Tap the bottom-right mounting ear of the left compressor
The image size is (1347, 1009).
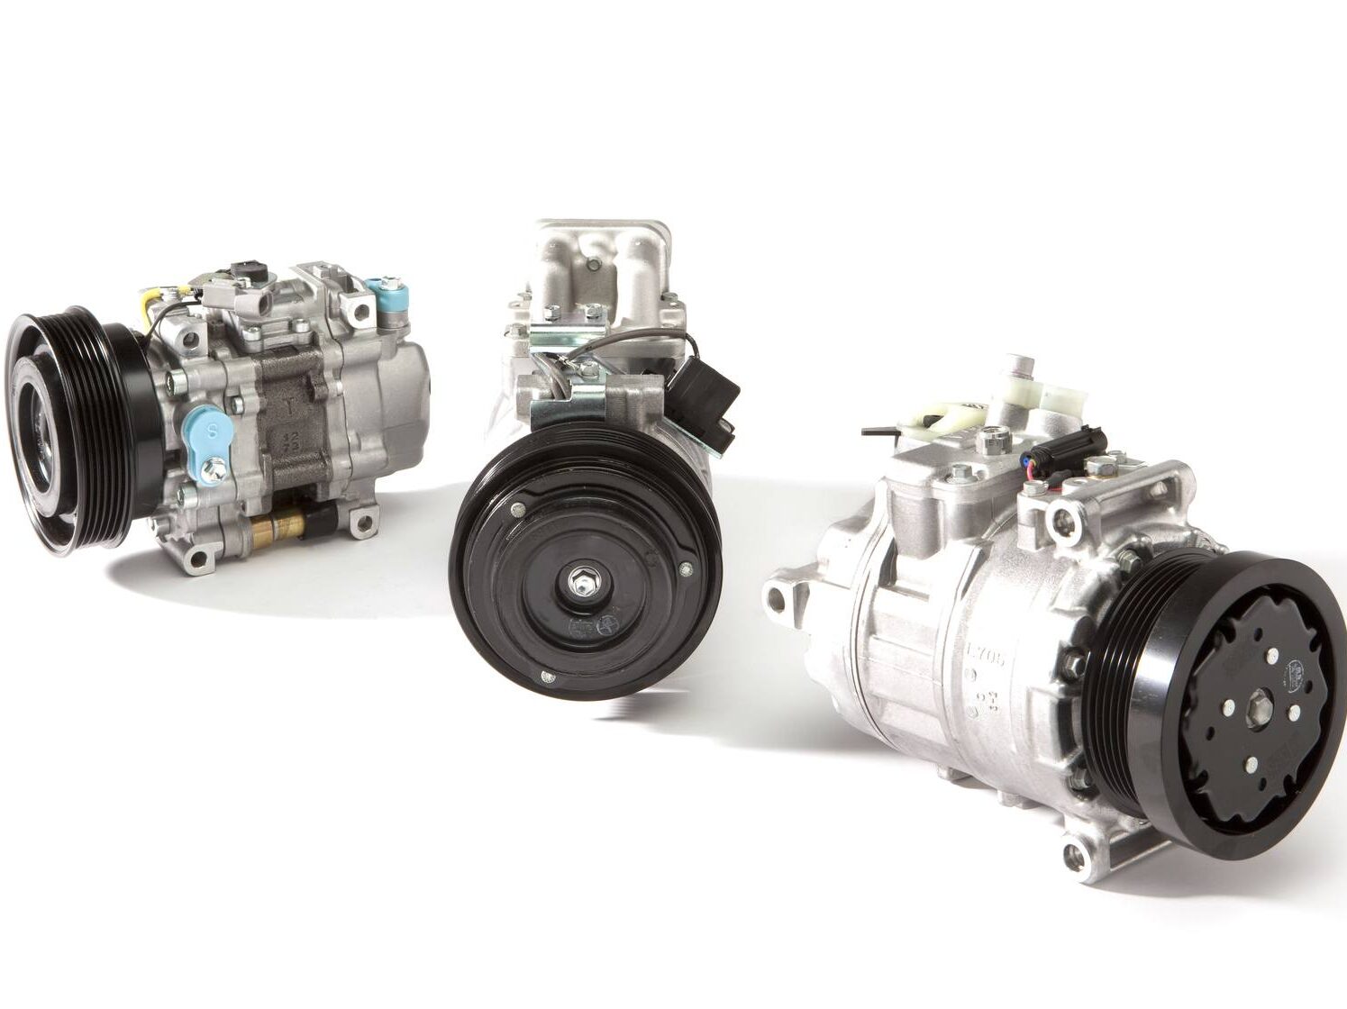tap(362, 520)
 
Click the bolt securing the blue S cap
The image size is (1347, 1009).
tap(214, 467)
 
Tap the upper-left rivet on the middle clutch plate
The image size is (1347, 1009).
tap(518, 511)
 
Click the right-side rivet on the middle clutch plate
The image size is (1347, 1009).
tap(687, 568)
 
